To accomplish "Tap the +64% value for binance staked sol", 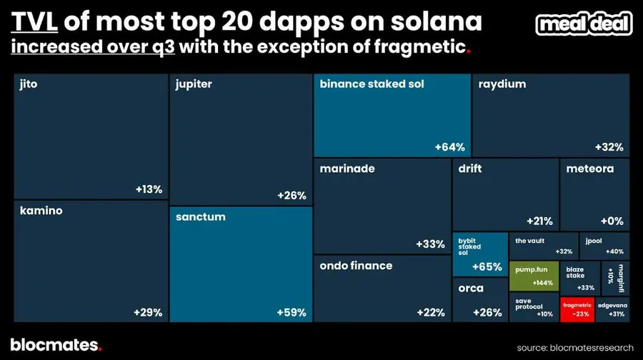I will click(x=449, y=147).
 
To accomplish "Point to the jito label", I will click(x=29, y=84).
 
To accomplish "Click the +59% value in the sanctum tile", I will click(x=291, y=312).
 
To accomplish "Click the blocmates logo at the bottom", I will click(x=56, y=345).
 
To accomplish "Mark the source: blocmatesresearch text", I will click(x=576, y=347).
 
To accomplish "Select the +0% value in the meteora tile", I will click(x=612, y=221).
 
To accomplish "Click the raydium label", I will click(x=502, y=84).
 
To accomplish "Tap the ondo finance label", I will click(x=356, y=266).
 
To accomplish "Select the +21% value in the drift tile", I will click(x=539, y=221).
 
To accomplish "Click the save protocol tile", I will click(x=534, y=308).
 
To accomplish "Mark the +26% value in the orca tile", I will click(x=487, y=312).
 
